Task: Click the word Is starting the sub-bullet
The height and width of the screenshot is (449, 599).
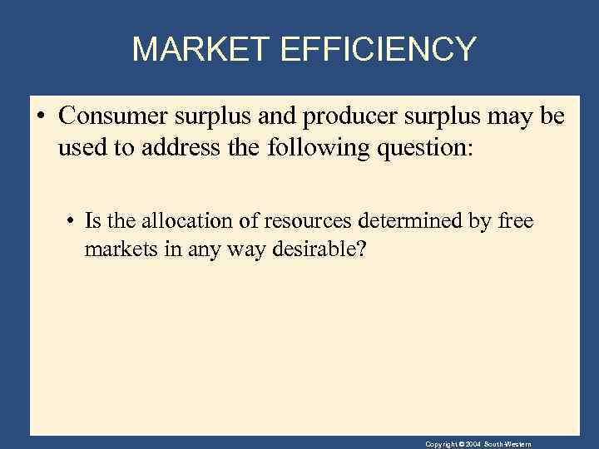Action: tap(92, 221)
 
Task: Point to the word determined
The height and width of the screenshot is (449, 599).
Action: tap(379, 221)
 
